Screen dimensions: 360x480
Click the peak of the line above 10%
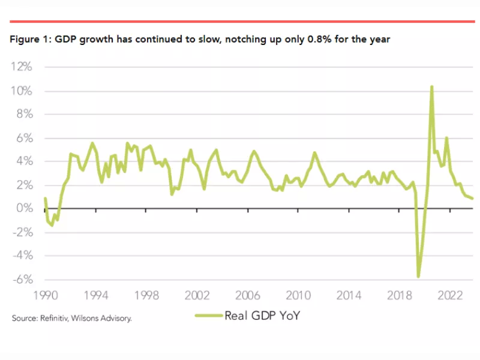431,87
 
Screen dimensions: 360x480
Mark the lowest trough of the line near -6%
418,276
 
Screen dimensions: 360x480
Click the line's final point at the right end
472,198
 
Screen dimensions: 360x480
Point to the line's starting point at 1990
45,198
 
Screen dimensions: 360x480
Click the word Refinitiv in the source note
56,318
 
